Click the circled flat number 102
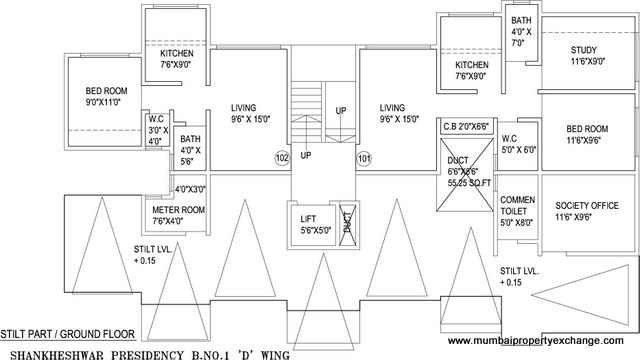point(283,158)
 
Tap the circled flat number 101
point(364,158)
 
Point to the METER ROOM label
point(178,210)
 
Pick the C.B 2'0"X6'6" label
point(465,127)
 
